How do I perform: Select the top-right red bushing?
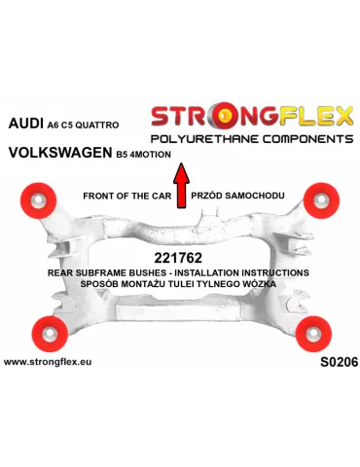320,199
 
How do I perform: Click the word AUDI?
28,125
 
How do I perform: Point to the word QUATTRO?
120,126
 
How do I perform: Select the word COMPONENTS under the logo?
303,140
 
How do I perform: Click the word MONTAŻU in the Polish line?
167,285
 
